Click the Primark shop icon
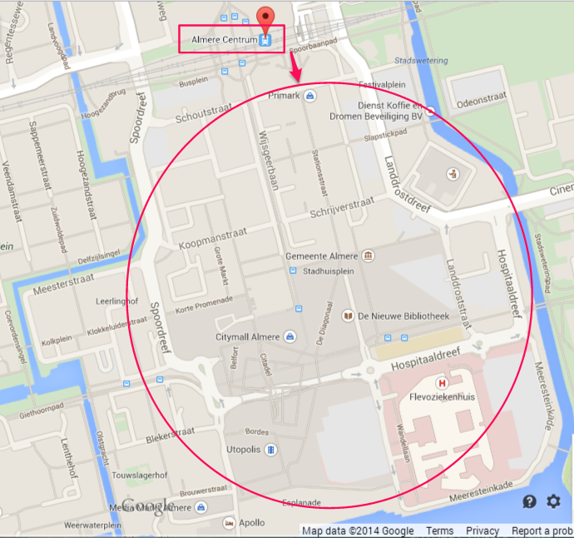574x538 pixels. (310, 97)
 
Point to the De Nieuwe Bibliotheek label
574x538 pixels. (403, 316)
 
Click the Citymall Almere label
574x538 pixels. (248, 336)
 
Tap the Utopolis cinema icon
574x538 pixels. (270, 449)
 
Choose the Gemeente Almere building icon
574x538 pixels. (370, 256)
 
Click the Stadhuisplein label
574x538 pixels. (328, 270)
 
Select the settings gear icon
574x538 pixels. (553, 501)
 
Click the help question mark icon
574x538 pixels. (529, 501)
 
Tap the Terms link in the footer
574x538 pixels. (439, 531)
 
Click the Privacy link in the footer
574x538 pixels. (482, 531)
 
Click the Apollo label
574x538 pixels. (251, 523)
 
